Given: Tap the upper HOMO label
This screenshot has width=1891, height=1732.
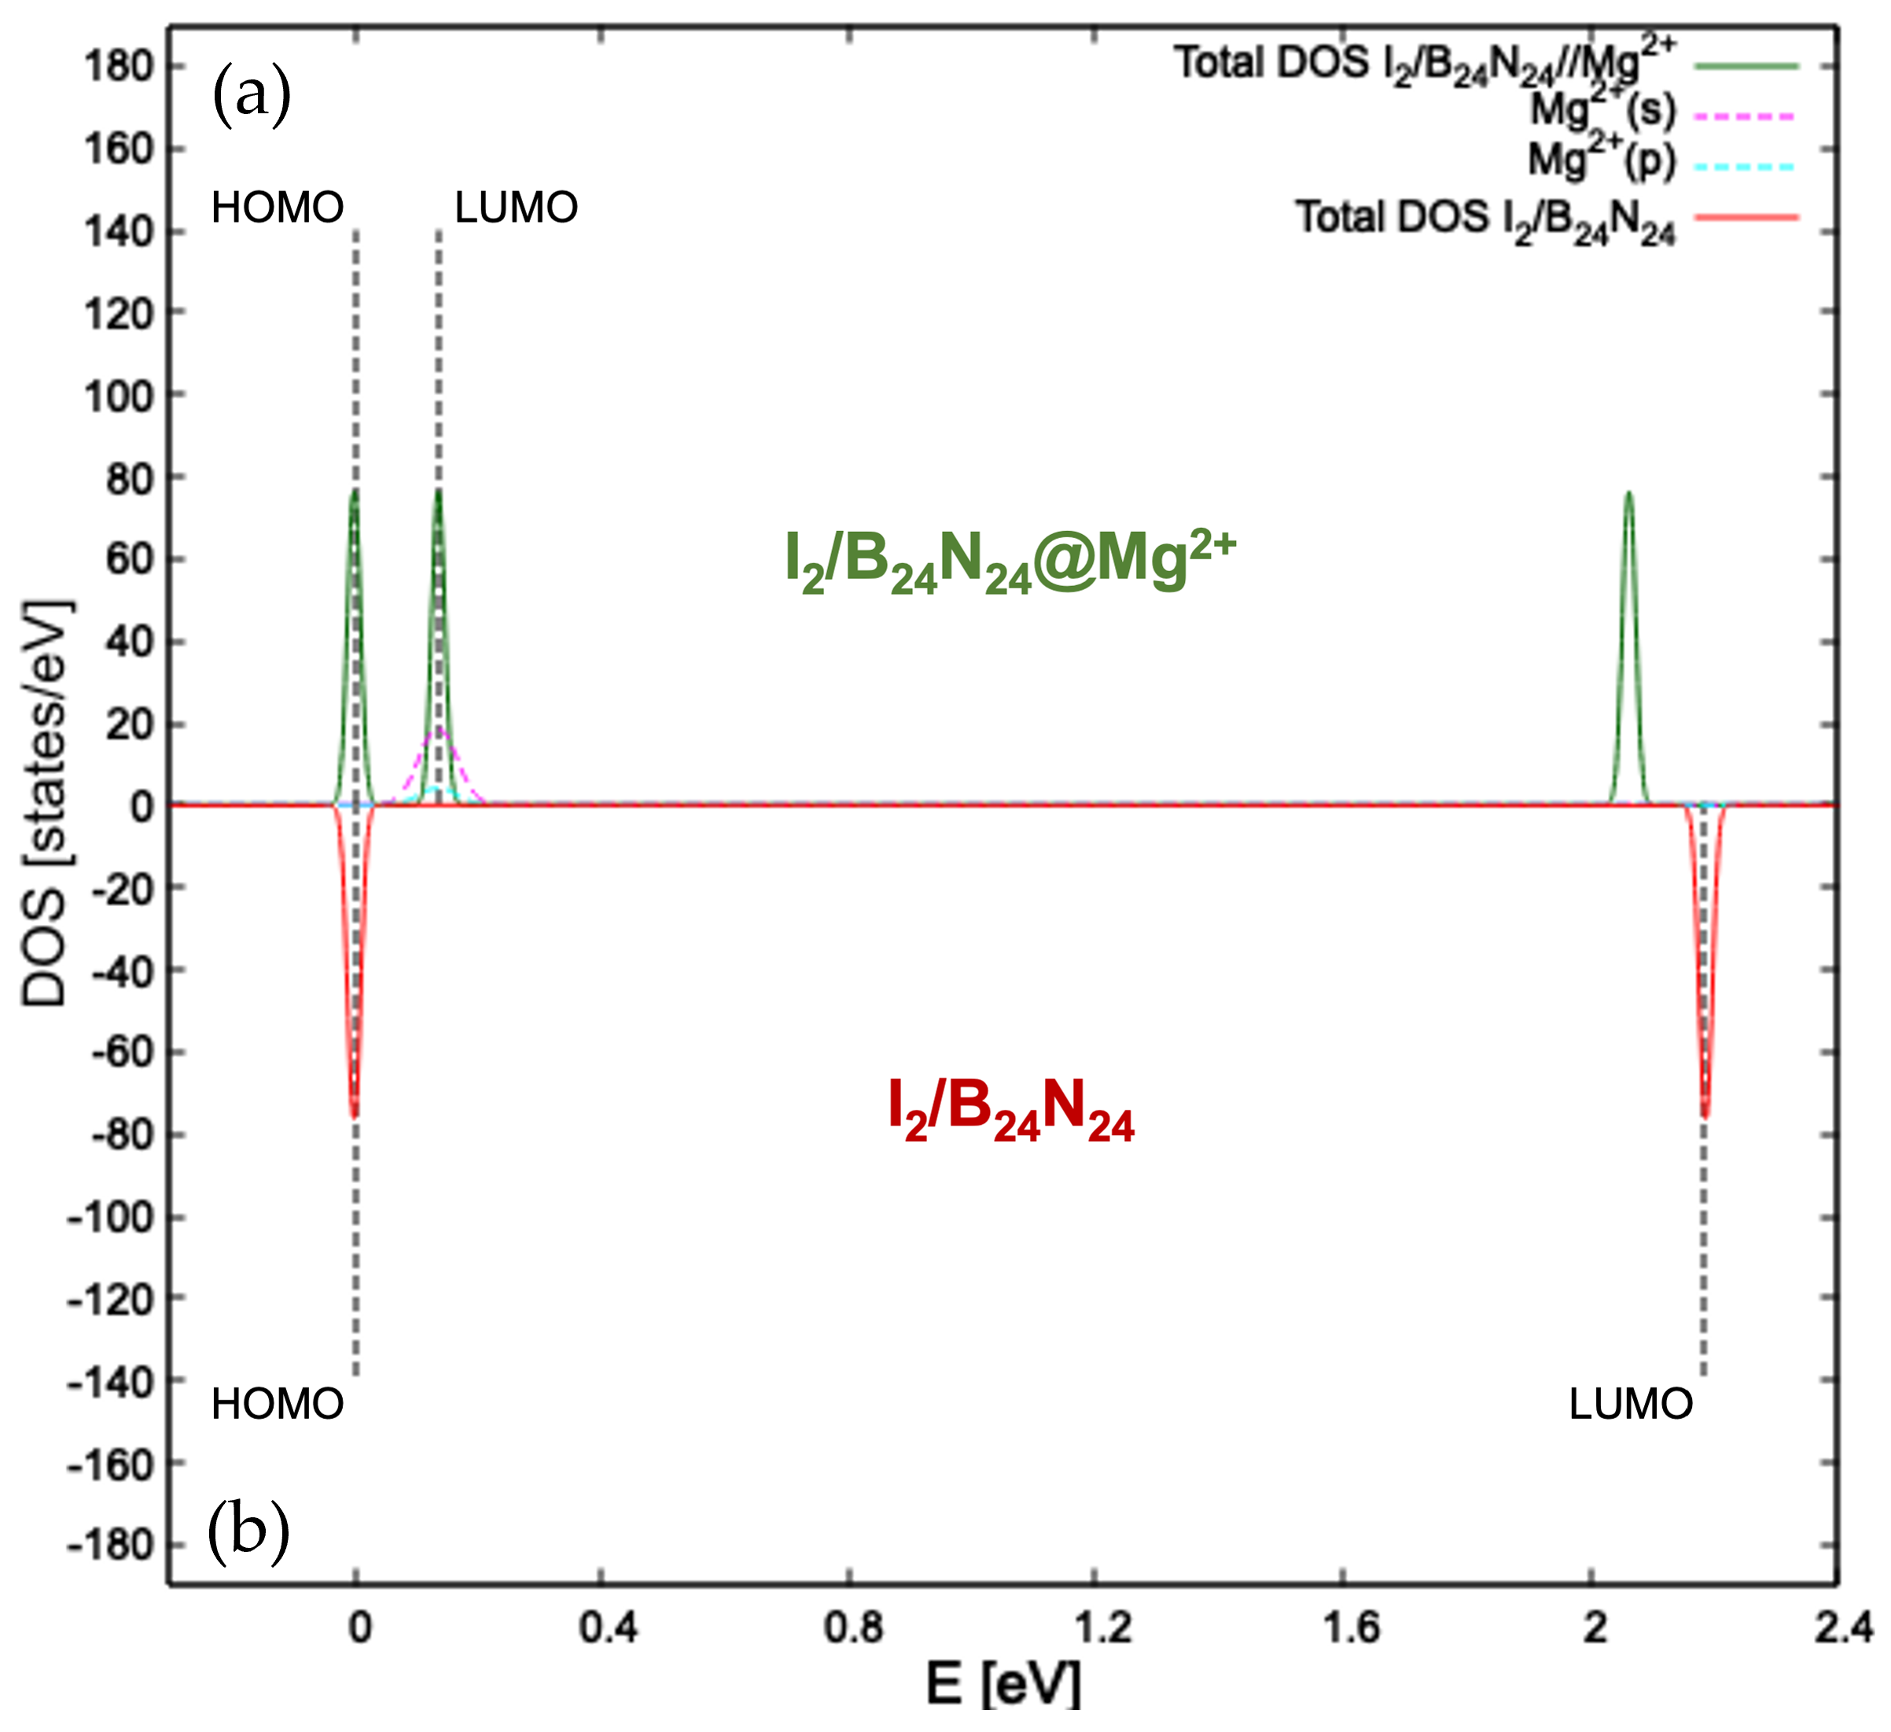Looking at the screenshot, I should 278,208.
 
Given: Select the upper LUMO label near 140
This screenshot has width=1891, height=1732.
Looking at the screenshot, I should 516,208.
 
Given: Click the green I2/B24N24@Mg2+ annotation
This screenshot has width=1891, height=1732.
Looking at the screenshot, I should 1010,561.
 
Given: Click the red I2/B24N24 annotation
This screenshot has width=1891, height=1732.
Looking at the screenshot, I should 1010,1111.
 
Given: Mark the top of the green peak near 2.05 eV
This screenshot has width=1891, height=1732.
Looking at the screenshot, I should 1628,492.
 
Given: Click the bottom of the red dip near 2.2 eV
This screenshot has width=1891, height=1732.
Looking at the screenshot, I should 1705,1116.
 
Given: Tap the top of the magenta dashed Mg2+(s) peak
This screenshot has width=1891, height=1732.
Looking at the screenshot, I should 437,729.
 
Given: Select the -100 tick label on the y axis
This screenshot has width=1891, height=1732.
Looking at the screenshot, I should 110,1218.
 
